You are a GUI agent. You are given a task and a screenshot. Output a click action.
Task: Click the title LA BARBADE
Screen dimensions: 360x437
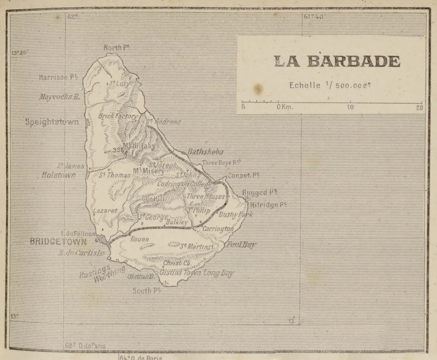(x=337, y=61)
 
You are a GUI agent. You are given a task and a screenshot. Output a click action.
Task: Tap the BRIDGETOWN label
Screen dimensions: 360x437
(x=58, y=241)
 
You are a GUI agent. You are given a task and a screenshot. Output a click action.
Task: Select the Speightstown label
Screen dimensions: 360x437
(x=52, y=122)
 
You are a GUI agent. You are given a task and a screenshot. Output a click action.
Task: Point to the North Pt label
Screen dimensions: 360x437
(x=117, y=48)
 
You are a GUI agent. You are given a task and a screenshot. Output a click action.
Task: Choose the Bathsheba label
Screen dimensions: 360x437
(x=205, y=152)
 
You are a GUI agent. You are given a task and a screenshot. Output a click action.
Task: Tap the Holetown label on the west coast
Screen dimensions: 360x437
(x=59, y=175)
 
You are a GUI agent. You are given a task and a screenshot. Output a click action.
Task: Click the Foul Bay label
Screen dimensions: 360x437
(x=241, y=244)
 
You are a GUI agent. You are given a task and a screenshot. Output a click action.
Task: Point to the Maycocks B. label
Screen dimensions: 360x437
(x=59, y=97)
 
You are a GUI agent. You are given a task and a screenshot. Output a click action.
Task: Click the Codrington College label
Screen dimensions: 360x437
(x=184, y=184)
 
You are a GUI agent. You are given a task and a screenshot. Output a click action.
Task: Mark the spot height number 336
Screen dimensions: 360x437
(x=118, y=150)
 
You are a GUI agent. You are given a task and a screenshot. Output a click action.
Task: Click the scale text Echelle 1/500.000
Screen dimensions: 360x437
(x=330, y=86)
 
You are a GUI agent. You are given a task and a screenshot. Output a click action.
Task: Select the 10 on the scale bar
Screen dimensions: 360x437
(x=350, y=107)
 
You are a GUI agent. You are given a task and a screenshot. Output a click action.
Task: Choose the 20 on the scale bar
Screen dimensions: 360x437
(x=420, y=107)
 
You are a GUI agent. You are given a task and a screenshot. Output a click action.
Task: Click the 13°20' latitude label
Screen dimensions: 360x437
(x=20, y=52)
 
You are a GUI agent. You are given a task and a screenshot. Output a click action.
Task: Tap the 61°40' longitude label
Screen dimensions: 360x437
(x=315, y=16)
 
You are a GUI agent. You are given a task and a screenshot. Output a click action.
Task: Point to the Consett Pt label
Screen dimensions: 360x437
(x=243, y=175)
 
